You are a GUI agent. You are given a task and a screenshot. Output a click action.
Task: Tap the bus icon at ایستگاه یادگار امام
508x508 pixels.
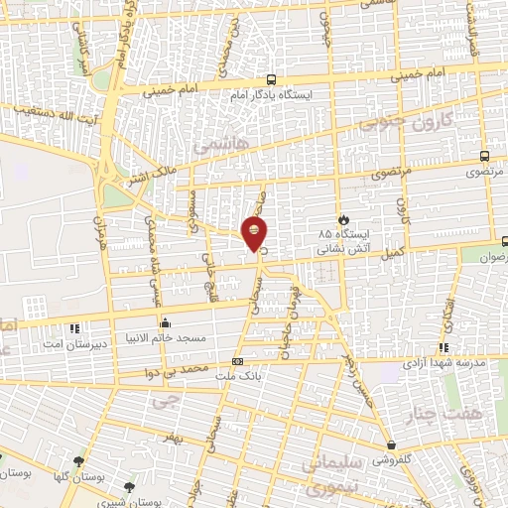click(271, 82)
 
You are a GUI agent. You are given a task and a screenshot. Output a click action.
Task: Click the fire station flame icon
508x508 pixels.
click(344, 218)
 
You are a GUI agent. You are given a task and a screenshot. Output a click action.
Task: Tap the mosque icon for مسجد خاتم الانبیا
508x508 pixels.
click(165, 322)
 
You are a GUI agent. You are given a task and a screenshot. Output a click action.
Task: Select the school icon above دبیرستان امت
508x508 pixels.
click(72, 327)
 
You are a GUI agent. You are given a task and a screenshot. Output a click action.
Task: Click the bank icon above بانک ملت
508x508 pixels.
click(236, 362)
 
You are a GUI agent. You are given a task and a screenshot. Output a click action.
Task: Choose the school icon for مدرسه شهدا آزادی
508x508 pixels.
click(444, 347)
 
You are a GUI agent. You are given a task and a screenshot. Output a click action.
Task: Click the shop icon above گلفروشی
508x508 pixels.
click(394, 445)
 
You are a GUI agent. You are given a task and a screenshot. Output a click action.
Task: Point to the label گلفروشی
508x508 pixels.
click(394, 460)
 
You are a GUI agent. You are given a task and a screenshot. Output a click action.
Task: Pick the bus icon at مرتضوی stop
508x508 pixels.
click(483, 156)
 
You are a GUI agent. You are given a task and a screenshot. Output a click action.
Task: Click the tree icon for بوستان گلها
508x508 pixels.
click(78, 461)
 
